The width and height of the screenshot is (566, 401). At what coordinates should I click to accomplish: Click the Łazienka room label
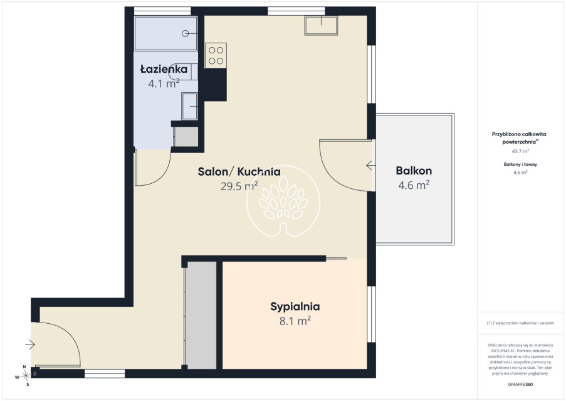tap(164, 69)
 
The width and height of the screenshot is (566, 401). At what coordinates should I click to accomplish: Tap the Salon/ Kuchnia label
tap(239, 171)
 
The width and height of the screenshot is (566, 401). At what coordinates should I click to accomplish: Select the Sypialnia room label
tap(295, 307)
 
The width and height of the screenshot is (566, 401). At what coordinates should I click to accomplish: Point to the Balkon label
tap(414, 171)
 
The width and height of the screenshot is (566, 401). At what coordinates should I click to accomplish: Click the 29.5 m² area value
tap(239, 186)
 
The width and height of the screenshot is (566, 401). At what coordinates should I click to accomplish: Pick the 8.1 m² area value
tap(295, 321)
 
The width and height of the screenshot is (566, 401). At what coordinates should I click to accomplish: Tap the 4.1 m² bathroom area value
tap(164, 83)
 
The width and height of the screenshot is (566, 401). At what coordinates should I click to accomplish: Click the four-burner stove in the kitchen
tap(216, 55)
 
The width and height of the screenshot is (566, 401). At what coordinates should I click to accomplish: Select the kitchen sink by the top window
tap(322, 25)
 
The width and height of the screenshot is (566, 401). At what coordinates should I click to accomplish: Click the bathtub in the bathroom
tap(165, 34)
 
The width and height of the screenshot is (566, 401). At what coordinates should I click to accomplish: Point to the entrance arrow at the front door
tap(30, 345)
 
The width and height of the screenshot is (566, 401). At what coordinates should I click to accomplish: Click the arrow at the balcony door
tap(370, 166)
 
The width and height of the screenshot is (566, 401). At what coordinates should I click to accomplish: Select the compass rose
tap(25, 376)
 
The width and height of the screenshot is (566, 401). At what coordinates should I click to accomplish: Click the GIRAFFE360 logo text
tap(520, 385)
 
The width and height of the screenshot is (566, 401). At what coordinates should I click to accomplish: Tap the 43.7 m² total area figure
tap(520, 151)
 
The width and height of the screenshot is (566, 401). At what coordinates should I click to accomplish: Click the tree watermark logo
tap(283, 201)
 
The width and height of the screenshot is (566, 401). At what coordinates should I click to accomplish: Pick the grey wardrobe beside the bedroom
tap(201, 315)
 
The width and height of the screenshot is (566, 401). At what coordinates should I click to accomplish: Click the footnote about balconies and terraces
tap(520, 323)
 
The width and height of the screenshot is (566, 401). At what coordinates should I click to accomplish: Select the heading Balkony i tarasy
tap(520, 164)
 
